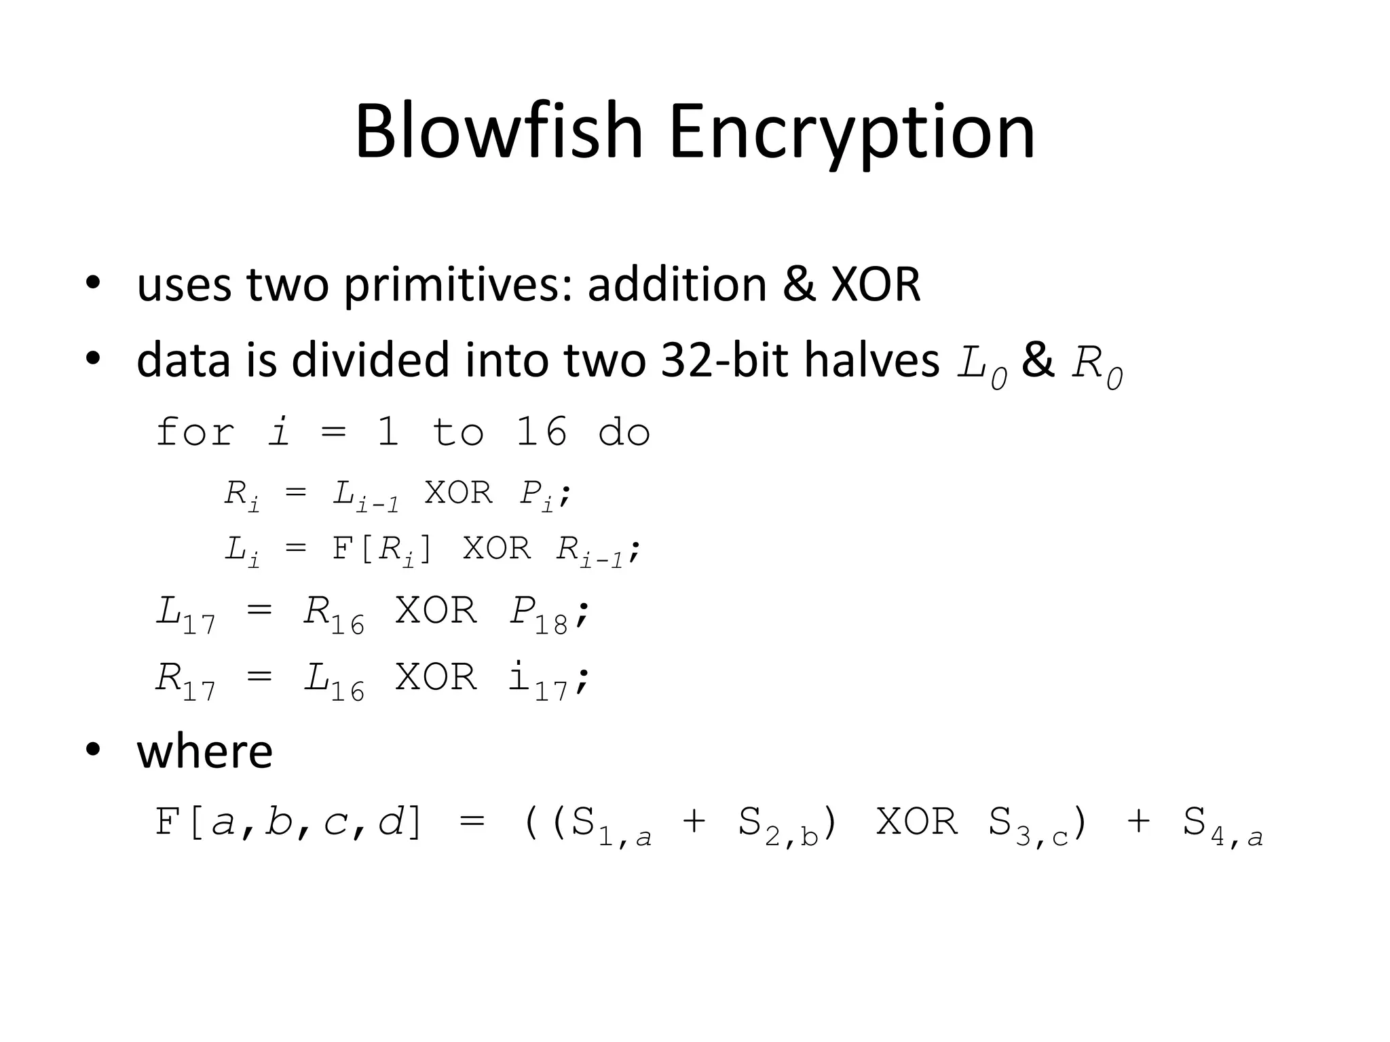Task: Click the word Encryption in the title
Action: tap(852, 134)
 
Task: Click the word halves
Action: tap(871, 360)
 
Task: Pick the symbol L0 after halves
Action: tap(981, 367)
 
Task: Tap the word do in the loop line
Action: tap(624, 432)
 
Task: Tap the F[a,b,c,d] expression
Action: tap(288, 823)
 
